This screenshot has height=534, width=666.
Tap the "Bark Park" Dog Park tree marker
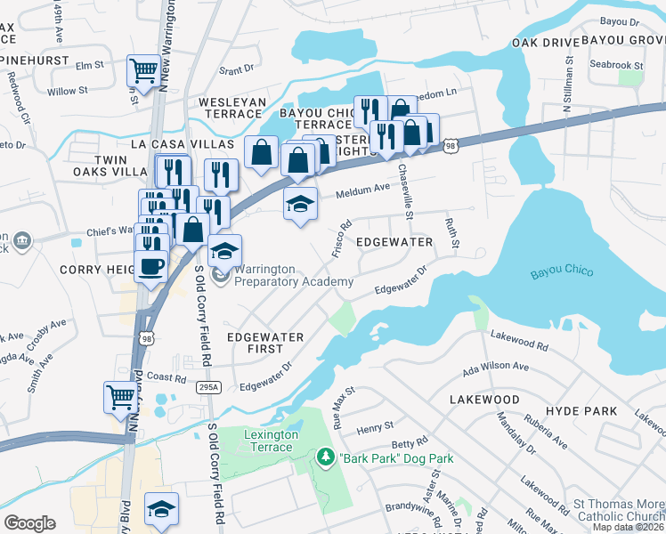coord(325,458)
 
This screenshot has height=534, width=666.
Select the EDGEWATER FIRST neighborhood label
coord(264,344)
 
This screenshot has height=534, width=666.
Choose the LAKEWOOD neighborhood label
coord(483,400)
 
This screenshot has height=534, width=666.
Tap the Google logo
coord(29,523)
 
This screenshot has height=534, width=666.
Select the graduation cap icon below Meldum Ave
coord(301,204)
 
